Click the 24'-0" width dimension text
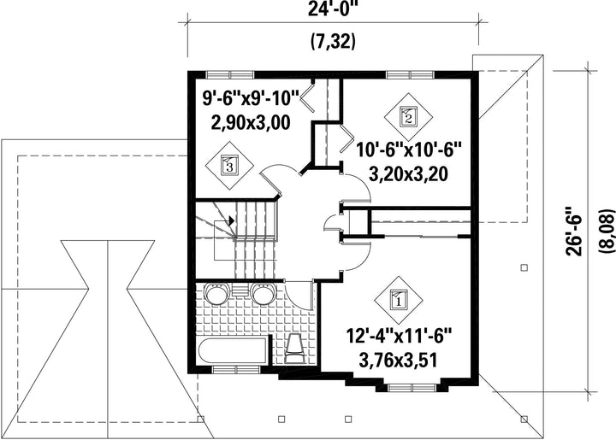(333, 9)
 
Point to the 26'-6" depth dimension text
(574, 235)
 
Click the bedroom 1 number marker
(399, 301)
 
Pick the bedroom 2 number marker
(408, 117)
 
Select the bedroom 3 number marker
(230, 167)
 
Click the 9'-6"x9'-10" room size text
(251, 98)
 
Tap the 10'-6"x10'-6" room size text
(408, 150)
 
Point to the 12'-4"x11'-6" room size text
(400, 336)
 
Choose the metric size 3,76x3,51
(399, 361)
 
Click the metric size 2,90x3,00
(251, 123)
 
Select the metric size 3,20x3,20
(408, 174)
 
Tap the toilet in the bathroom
(294, 349)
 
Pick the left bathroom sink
(216, 292)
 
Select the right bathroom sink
(263, 292)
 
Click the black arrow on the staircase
(231, 220)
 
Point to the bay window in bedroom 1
(412, 388)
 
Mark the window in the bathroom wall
(236, 369)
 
